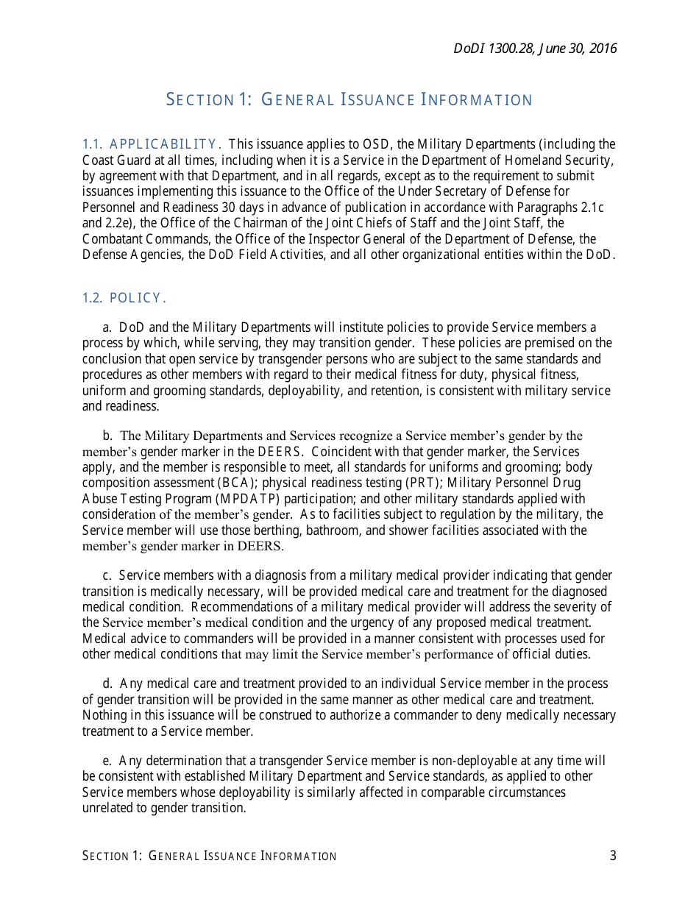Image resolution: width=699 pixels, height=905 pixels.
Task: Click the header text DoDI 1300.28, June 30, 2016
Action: [535, 49]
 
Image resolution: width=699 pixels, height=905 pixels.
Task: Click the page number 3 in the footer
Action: [613, 856]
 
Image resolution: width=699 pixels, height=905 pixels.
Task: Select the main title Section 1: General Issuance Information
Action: [349, 99]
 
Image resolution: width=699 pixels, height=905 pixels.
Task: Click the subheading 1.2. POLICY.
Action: [124, 298]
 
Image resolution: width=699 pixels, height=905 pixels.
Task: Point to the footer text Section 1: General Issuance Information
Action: [210, 856]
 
